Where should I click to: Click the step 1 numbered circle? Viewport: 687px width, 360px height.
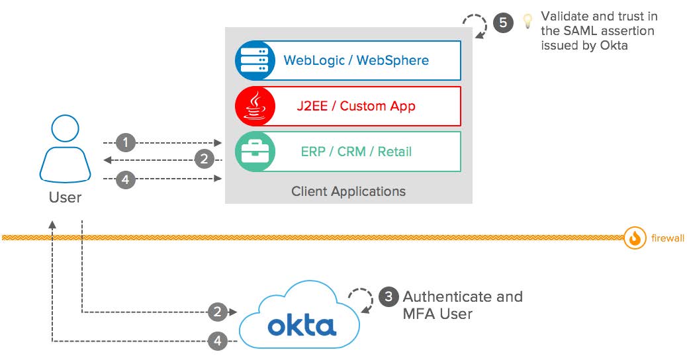click(126, 142)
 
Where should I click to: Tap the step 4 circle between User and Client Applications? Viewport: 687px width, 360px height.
click(126, 179)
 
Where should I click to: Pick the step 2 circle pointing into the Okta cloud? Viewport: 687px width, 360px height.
click(218, 311)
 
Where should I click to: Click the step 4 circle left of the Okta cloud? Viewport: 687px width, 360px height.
click(218, 341)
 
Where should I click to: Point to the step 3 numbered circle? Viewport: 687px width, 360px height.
click(389, 296)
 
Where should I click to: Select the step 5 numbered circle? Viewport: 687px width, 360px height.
click(502, 22)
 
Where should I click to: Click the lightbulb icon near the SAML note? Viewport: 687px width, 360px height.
click(527, 21)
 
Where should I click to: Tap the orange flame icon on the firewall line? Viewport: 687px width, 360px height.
click(635, 238)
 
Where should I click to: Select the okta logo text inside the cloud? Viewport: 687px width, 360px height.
click(302, 325)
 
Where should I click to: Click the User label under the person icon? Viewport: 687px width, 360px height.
click(65, 197)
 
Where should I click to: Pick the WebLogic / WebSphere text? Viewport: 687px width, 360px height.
click(356, 60)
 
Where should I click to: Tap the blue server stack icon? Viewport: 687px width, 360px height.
click(255, 60)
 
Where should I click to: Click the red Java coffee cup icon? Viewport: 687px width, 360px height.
click(255, 106)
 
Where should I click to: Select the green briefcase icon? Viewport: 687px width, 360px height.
click(255, 152)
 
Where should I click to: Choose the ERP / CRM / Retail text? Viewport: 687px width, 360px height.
click(356, 152)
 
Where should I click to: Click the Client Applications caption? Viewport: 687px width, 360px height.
click(348, 191)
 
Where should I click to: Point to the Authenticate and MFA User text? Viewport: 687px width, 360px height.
click(462, 305)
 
